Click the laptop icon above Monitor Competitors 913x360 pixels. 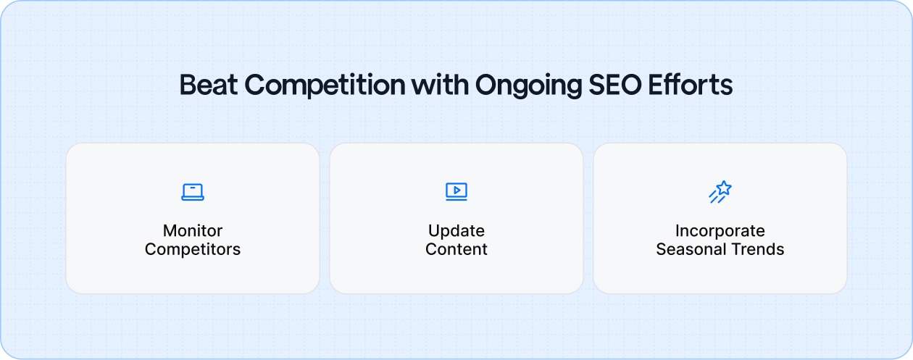193,191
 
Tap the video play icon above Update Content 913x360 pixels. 456,191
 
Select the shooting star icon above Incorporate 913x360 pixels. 720,191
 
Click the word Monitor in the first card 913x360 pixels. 193,231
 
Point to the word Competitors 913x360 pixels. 193,250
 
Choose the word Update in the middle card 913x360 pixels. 456,231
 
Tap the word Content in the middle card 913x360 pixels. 456,250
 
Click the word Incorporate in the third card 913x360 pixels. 720,231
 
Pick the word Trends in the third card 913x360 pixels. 758,250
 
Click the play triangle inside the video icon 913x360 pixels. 456,190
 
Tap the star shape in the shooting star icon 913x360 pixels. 724,188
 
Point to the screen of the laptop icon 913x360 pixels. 193,189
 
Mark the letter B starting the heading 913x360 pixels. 187,85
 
